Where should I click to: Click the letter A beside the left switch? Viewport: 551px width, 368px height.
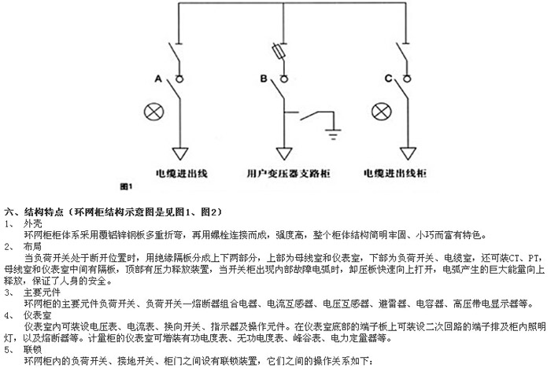pos(158,79)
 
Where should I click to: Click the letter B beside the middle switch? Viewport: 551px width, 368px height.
pos(264,79)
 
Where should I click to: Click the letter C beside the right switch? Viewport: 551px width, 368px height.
pos(388,79)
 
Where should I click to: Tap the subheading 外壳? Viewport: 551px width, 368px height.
pos(33,223)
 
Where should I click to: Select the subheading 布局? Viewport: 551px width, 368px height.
pos(33,245)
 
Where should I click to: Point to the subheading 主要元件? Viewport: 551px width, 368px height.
pos(39,292)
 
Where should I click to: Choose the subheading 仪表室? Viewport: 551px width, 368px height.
pos(35,315)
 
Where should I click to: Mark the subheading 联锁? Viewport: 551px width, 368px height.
pos(33,348)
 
